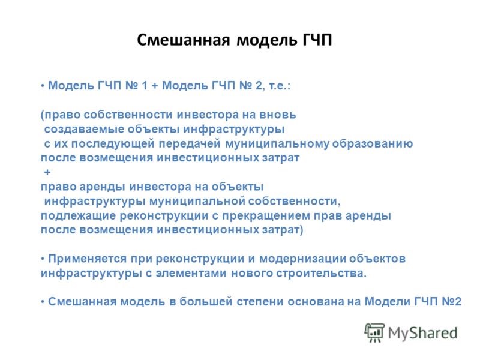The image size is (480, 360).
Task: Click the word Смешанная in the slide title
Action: [183, 40]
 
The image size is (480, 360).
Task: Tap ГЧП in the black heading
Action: [317, 40]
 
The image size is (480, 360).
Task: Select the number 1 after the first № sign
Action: [145, 85]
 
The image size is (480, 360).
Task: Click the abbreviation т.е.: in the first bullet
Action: [280, 85]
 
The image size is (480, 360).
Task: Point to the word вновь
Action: [278, 115]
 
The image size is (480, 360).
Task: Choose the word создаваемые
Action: [83, 129]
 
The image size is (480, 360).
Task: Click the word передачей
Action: [190, 143]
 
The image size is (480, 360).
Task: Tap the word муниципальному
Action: [277, 143]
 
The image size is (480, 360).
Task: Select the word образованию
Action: [373, 143]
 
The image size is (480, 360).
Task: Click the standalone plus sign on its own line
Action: [47, 172]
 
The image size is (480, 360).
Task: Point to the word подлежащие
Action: [78, 215]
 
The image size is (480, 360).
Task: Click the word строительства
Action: [321, 273]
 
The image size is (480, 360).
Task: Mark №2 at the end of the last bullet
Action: [452, 302]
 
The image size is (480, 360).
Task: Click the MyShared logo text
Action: [423, 333]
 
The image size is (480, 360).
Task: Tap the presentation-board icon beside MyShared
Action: [374, 332]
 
